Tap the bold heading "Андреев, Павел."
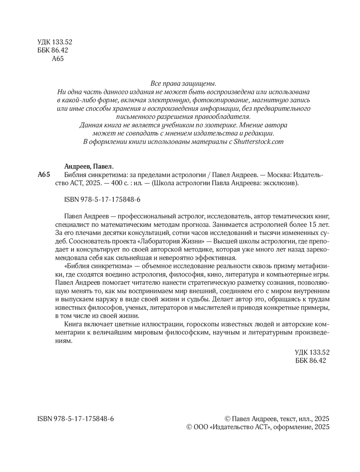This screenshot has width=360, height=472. coord(89,166)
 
